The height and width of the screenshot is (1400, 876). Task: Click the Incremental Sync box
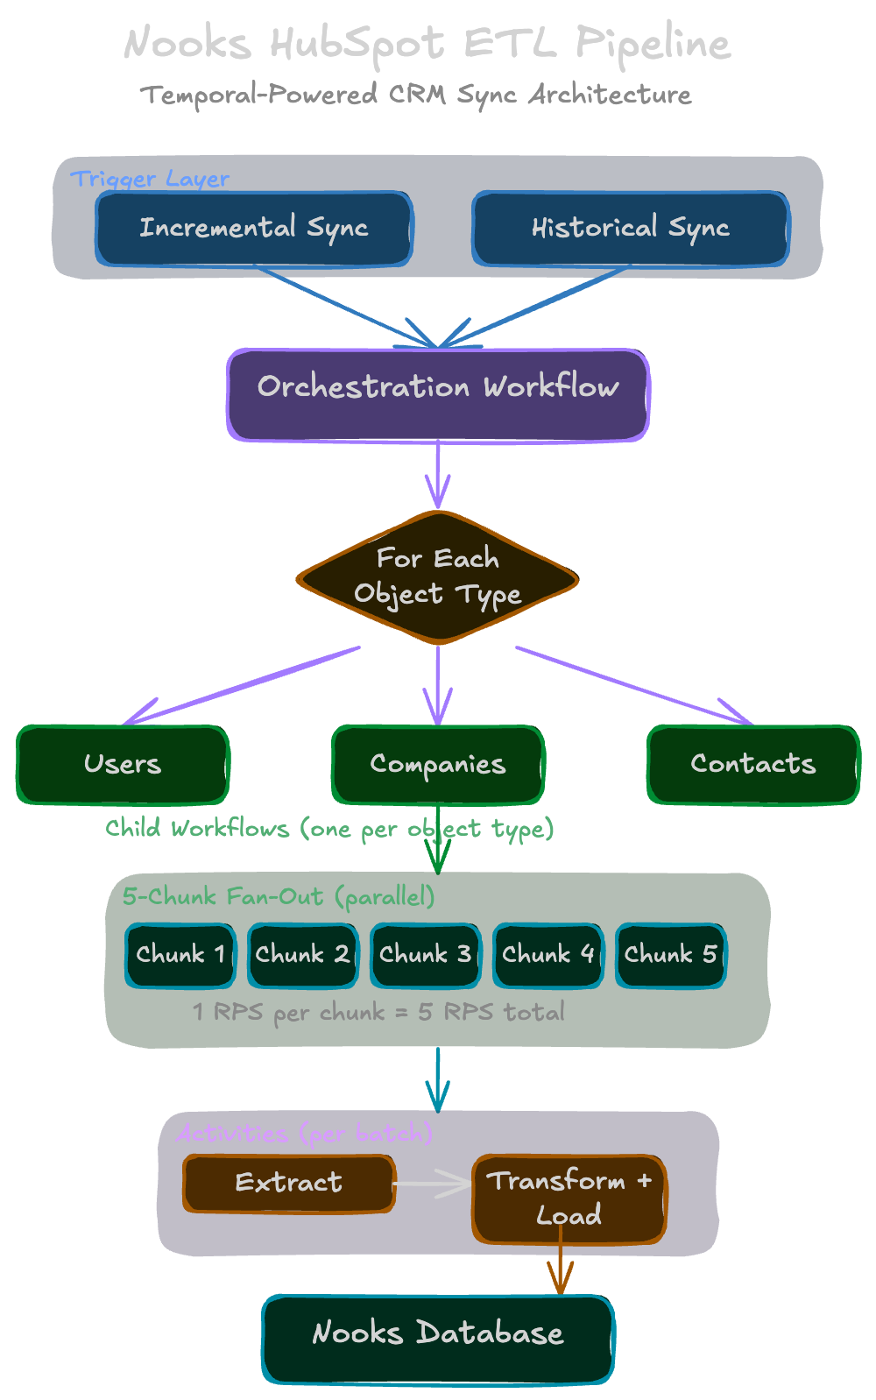[253, 229]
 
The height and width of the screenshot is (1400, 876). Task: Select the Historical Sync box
[630, 229]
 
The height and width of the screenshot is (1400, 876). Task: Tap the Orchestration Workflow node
[438, 394]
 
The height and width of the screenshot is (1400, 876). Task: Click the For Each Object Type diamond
[438, 578]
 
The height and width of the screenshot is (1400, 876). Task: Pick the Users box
[123, 764]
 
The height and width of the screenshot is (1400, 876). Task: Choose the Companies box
[438, 764]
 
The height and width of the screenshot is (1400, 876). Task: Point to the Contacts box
[753, 764]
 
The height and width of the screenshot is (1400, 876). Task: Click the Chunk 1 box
[180, 955]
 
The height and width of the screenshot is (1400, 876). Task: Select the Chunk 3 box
[426, 955]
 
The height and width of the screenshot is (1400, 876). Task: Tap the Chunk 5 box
[671, 955]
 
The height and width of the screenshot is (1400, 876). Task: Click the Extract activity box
[289, 1184]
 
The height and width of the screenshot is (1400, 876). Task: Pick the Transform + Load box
[569, 1198]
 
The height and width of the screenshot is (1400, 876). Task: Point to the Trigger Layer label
[150, 179]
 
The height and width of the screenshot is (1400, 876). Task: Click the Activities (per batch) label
[304, 1134]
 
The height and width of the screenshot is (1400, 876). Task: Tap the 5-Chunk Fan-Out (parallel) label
[279, 897]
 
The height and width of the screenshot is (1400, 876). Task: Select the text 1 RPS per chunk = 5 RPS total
[378, 1013]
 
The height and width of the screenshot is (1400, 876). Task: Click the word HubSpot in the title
[357, 44]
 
